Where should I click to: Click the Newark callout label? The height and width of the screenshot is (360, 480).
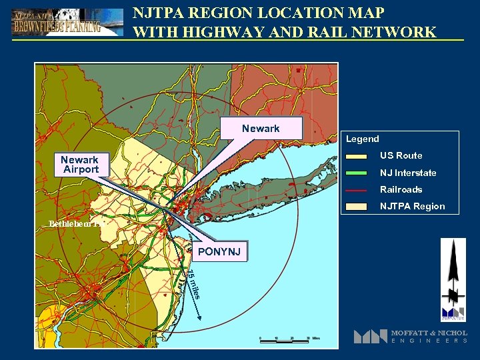(x=261, y=128)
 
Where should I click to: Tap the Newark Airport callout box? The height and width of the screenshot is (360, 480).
(x=79, y=165)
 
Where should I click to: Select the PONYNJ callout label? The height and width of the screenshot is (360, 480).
(x=219, y=251)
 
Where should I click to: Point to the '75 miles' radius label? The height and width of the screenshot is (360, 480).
(x=192, y=284)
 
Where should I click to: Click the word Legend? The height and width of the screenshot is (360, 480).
(x=362, y=139)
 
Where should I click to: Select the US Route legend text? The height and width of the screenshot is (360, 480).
(x=401, y=155)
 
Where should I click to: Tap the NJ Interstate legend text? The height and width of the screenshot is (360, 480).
(x=408, y=173)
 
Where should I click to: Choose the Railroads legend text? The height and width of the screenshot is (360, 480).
(x=401, y=189)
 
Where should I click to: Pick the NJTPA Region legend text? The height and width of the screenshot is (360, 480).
(x=412, y=206)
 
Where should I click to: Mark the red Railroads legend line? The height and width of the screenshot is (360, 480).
(x=357, y=190)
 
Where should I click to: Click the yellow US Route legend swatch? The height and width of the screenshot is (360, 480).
(x=357, y=157)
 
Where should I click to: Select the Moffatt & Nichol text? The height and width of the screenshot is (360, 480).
(x=429, y=333)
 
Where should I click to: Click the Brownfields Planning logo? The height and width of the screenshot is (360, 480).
(x=67, y=22)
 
